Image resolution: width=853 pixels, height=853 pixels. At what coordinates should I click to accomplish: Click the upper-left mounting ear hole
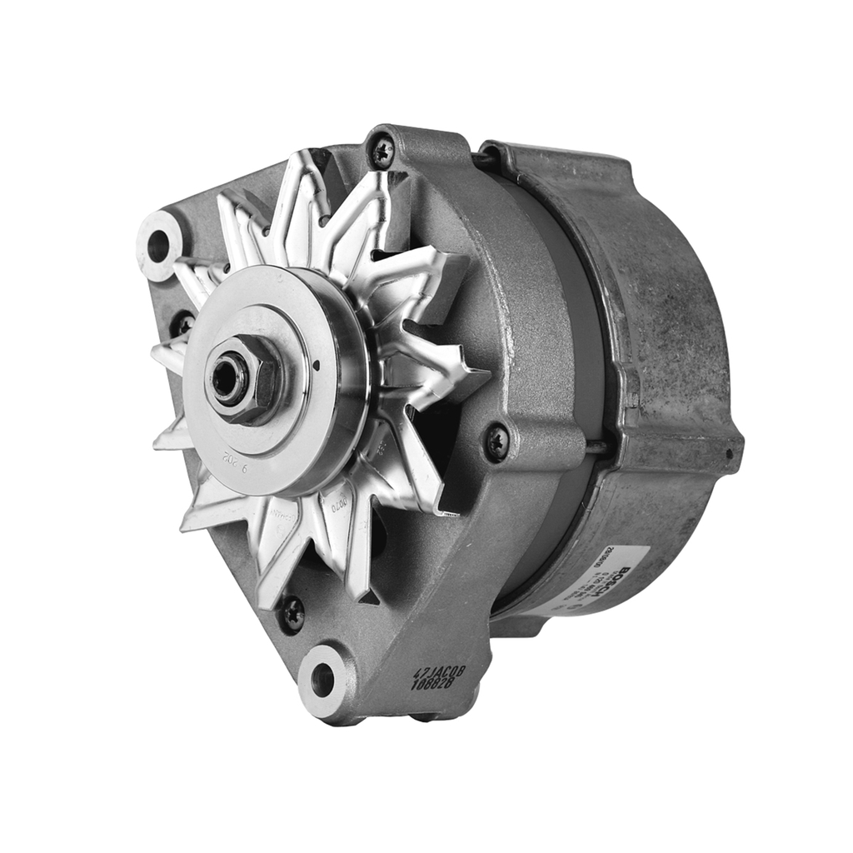pyautogui.click(x=158, y=245)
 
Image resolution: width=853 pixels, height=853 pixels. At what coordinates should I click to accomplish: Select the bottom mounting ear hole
pyautogui.click(x=323, y=681)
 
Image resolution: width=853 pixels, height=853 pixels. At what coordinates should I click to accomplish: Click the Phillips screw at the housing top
pyautogui.click(x=383, y=152)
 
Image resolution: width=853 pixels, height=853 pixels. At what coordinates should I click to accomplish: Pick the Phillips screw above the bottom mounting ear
pyautogui.click(x=292, y=614)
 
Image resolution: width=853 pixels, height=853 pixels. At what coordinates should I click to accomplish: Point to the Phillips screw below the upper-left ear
pyautogui.click(x=182, y=323)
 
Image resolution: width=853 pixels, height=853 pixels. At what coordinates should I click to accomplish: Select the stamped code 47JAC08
pyautogui.click(x=440, y=671)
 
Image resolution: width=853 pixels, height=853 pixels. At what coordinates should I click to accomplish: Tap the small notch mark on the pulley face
pyautogui.click(x=318, y=363)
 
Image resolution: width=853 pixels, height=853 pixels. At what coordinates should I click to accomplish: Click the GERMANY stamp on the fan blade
pyautogui.click(x=284, y=517)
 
